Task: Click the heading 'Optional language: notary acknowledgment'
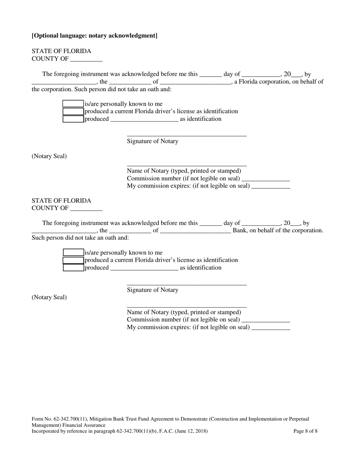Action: pyautogui.click(x=94, y=36)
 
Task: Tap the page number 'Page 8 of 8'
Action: pyautogui.click(x=305, y=431)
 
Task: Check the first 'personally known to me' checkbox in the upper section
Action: pyautogui.click(x=73, y=104)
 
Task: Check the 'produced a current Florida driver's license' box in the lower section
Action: pyautogui.click(x=73, y=260)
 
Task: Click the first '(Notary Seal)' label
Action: pyautogui.click(x=49, y=156)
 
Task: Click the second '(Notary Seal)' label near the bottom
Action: pyautogui.click(x=49, y=297)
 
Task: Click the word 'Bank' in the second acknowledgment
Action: pyautogui.click(x=239, y=230)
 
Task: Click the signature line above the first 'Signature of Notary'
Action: pyautogui.click(x=186, y=135)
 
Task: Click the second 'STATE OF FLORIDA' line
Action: pyautogui.click(x=61, y=201)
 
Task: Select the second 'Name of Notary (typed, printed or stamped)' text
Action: pyautogui.click(x=184, y=312)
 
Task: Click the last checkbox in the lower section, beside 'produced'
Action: pyautogui.click(x=73, y=267)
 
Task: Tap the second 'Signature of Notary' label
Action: pyautogui.click(x=152, y=290)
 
